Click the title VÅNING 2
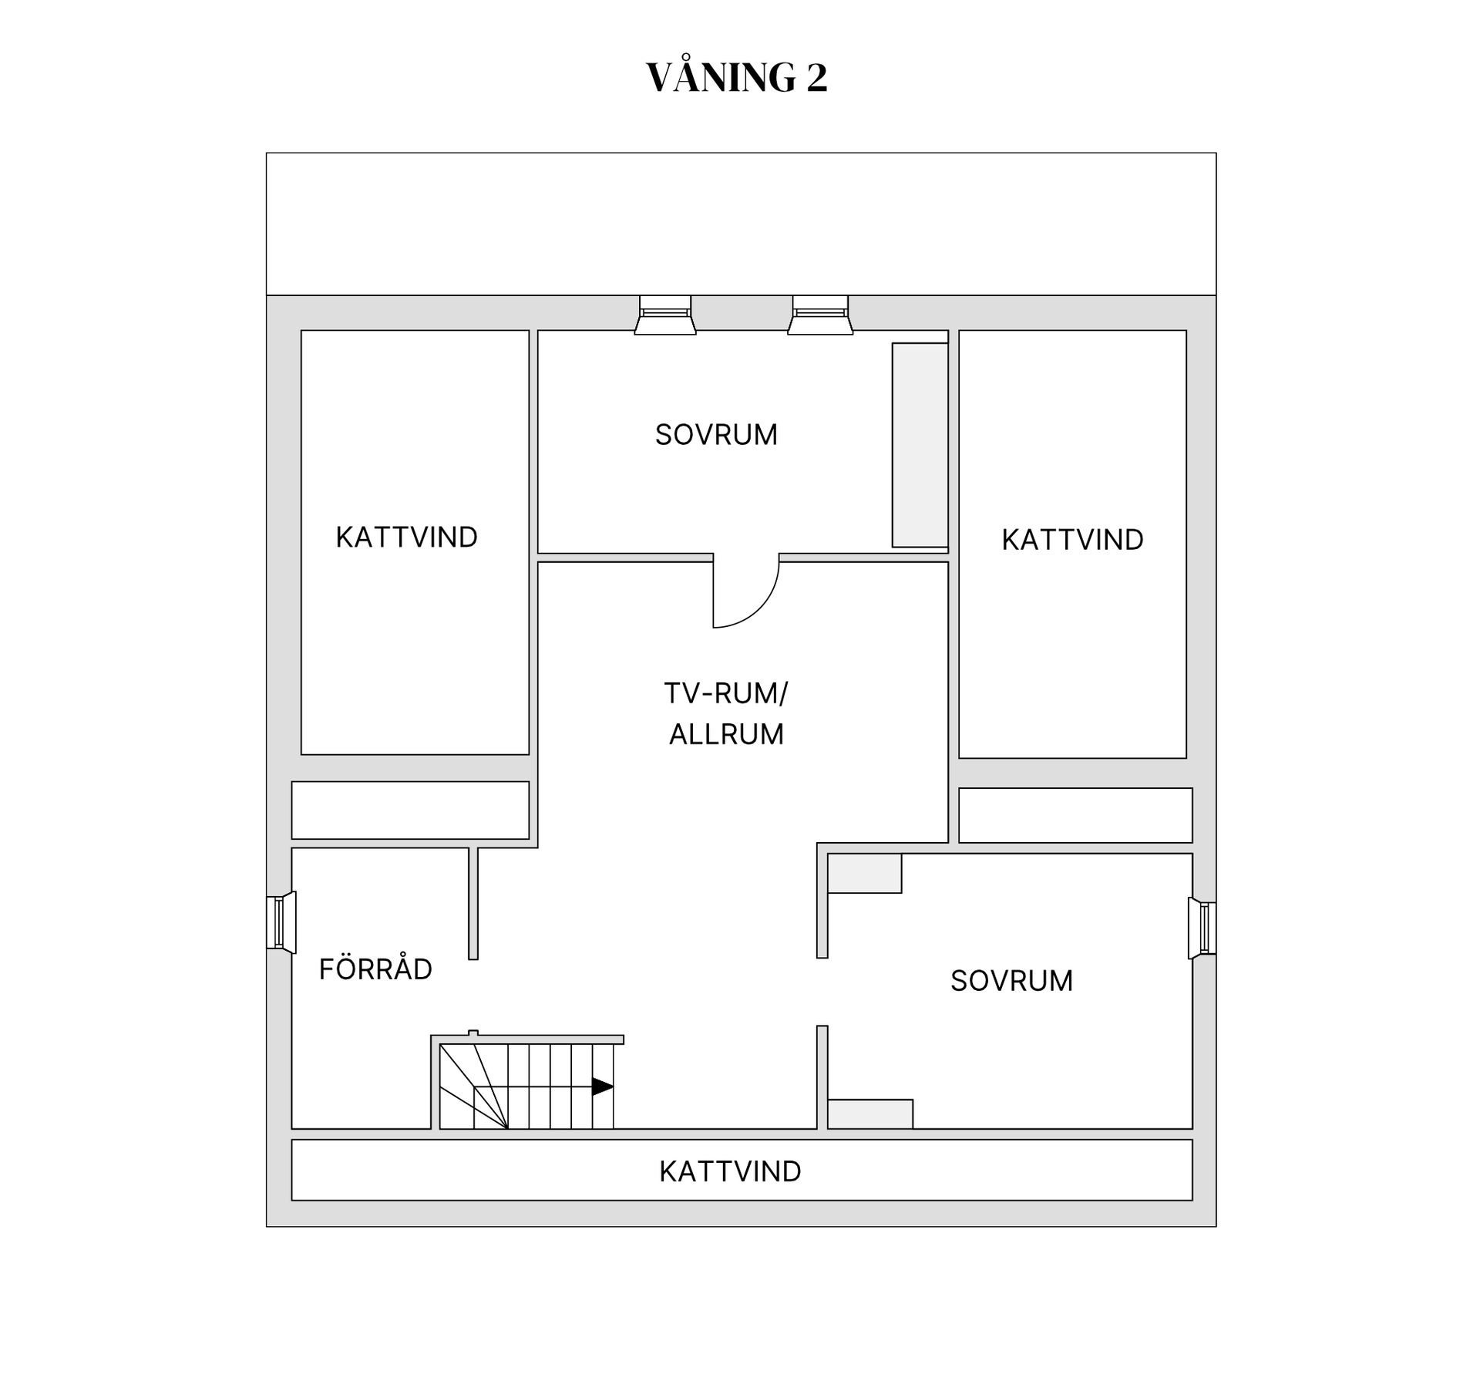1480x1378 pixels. [737, 77]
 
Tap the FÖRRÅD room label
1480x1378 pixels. [375, 969]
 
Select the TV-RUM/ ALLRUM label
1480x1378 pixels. [726, 713]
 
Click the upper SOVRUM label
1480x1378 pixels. [716, 435]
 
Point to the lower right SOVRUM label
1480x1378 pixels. [1011, 981]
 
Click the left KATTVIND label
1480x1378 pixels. [406, 537]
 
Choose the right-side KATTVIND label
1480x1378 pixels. [1072, 540]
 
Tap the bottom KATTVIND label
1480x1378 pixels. [730, 1172]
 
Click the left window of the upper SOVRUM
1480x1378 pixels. [665, 315]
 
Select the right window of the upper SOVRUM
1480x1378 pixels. [820, 315]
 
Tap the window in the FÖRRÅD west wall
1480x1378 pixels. [281, 922]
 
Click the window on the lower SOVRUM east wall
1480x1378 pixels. [1202, 928]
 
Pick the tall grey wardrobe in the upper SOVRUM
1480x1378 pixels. [920, 445]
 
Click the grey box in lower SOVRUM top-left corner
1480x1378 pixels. [865, 873]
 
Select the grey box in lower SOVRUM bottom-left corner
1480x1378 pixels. [870, 1114]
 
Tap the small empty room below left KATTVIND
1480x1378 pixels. [410, 810]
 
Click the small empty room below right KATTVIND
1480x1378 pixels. [1075, 815]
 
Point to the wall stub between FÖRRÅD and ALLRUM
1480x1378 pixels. [473, 904]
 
